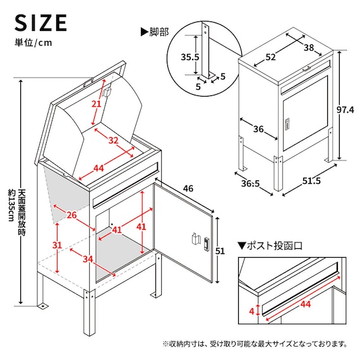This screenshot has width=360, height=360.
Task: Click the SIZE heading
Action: (41, 22)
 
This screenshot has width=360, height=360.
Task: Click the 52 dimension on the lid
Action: (271, 57)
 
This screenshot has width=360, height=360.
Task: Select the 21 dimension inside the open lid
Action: (97, 104)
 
